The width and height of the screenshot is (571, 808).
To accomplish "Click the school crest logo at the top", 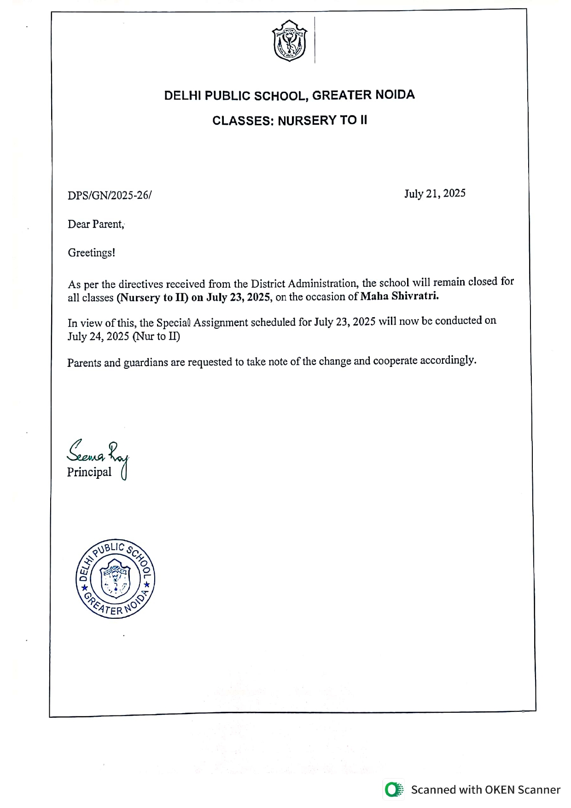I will click(x=289, y=41).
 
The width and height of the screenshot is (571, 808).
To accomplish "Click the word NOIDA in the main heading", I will click(x=395, y=95).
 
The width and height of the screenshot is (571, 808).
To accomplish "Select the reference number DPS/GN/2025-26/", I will click(x=110, y=195).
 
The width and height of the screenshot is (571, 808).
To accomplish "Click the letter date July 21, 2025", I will click(x=435, y=193).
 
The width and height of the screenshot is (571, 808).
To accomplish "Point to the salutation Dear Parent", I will click(x=96, y=224).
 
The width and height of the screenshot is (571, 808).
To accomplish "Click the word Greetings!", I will click(x=92, y=253).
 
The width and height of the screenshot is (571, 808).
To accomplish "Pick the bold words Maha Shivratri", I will click(x=399, y=296).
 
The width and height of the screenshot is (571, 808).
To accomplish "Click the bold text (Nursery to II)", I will click(x=152, y=297).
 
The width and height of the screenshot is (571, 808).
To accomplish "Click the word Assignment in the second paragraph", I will click(x=221, y=322).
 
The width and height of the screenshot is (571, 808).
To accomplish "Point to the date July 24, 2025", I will click(x=98, y=337).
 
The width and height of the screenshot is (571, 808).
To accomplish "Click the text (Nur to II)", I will click(x=156, y=337).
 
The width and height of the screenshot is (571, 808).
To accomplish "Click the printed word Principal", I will click(x=89, y=472).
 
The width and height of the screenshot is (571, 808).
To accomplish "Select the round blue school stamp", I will click(x=115, y=579).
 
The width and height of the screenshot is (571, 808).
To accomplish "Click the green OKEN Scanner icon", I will click(x=393, y=790).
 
